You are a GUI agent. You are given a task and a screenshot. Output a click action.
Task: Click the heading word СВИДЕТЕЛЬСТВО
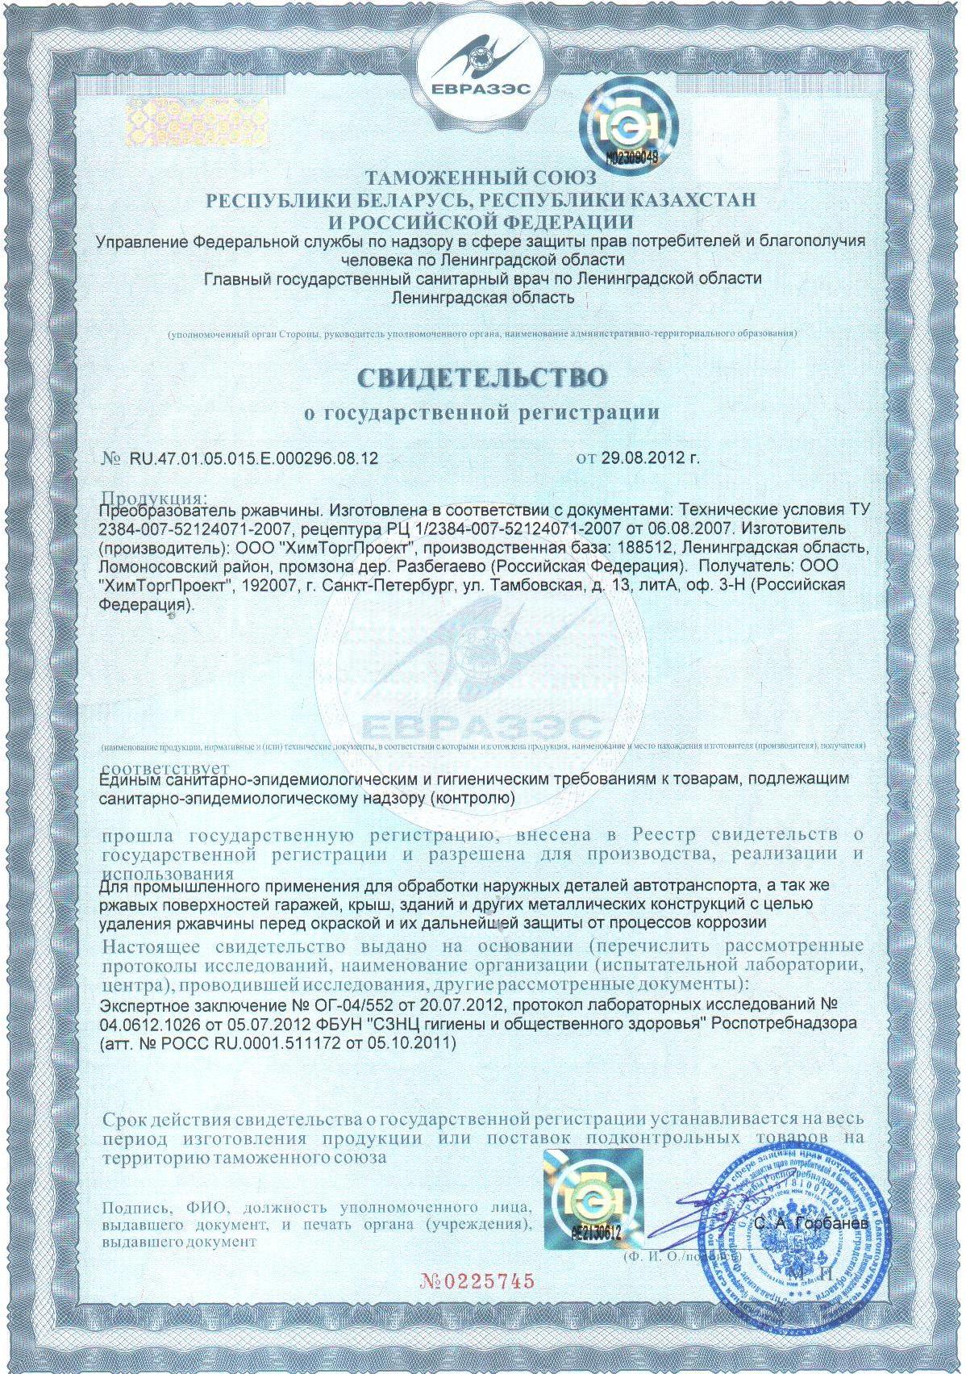point(481,378)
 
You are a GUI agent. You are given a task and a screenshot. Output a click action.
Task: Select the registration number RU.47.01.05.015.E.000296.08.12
point(253,458)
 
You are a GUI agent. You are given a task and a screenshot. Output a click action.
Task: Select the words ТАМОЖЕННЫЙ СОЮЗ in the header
point(481,177)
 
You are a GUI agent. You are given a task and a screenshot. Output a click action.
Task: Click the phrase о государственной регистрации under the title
point(481,413)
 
